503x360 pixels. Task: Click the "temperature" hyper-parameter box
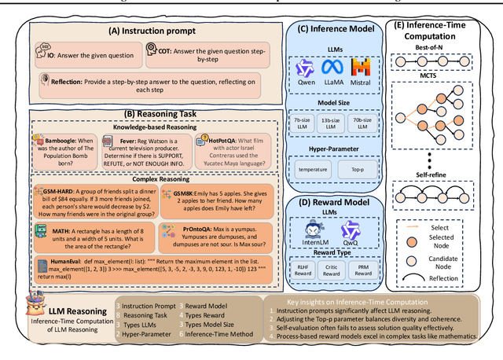(312, 168)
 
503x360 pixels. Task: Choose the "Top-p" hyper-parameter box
(358, 168)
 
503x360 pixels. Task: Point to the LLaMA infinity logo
(335, 68)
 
